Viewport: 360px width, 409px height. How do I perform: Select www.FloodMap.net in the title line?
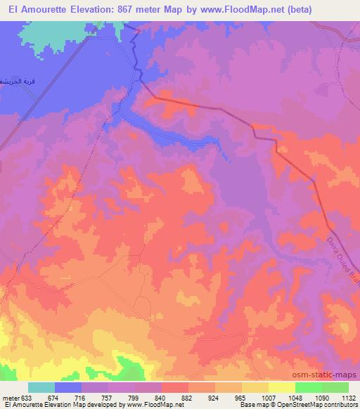pos(232,9)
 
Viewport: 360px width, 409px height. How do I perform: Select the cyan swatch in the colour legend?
pos(41,387)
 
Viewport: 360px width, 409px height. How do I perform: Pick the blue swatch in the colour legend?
pos(69,387)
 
